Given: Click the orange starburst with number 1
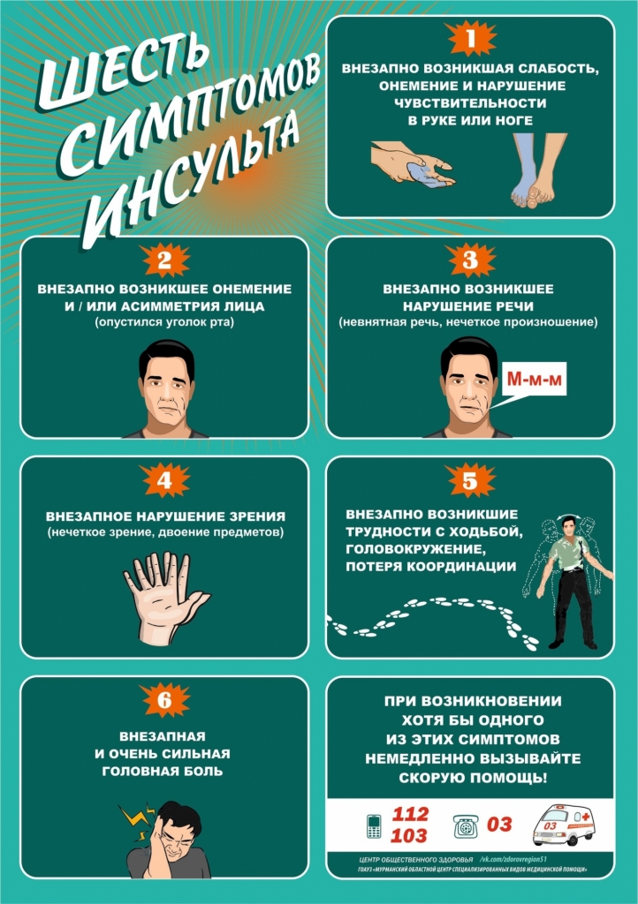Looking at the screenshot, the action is pos(471,38).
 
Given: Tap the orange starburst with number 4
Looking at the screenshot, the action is pos(165,479).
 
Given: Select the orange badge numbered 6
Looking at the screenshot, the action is pos(165,700).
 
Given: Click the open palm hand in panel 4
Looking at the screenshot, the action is pos(165,598).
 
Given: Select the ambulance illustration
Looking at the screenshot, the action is pos(562,825).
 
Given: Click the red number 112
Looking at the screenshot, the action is pos(410,814).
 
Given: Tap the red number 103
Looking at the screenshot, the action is pos(409,835).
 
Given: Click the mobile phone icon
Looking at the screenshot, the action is pos(374,825).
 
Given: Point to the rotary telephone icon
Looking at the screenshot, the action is pos(466,826).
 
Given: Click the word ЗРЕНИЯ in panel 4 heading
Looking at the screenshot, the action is pos(255,516).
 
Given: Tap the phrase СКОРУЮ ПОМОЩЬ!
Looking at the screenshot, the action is pos(472,778).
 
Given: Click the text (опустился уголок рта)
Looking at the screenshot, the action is pos(164,321).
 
